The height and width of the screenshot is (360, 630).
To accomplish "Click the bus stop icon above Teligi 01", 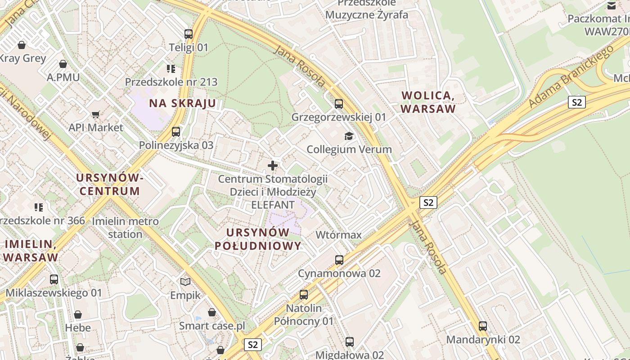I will [x=189, y=34].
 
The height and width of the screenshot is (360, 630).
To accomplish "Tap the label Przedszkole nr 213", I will [x=171, y=82].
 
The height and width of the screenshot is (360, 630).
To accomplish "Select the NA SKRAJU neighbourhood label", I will [x=183, y=103].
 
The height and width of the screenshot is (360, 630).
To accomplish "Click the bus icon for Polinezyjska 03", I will [x=176, y=132].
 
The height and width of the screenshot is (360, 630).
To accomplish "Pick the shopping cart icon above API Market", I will [x=95, y=115].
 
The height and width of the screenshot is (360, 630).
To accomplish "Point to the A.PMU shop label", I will [x=63, y=77].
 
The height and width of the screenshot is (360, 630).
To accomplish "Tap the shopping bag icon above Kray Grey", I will [x=21, y=45].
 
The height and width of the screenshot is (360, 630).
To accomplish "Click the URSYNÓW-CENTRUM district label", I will [x=110, y=184].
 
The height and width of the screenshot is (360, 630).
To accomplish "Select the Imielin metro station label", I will [x=125, y=228].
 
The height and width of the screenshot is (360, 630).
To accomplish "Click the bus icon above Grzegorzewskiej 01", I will [x=339, y=104].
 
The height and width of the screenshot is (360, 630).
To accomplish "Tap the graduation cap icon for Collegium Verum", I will [x=349, y=136].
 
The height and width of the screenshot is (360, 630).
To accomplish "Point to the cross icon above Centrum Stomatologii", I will [x=273, y=166].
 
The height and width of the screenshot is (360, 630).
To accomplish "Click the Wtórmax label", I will [x=338, y=235].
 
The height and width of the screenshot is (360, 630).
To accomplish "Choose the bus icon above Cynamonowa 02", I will [x=339, y=260].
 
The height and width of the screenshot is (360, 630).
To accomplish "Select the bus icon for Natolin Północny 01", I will [x=304, y=295].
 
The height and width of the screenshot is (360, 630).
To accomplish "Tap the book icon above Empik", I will [x=185, y=282].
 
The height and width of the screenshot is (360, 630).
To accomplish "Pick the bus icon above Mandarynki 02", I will [x=483, y=326].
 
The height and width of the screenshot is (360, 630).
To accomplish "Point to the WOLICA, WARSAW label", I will [x=428, y=102].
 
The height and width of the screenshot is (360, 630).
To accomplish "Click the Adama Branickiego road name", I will [x=571, y=76].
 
